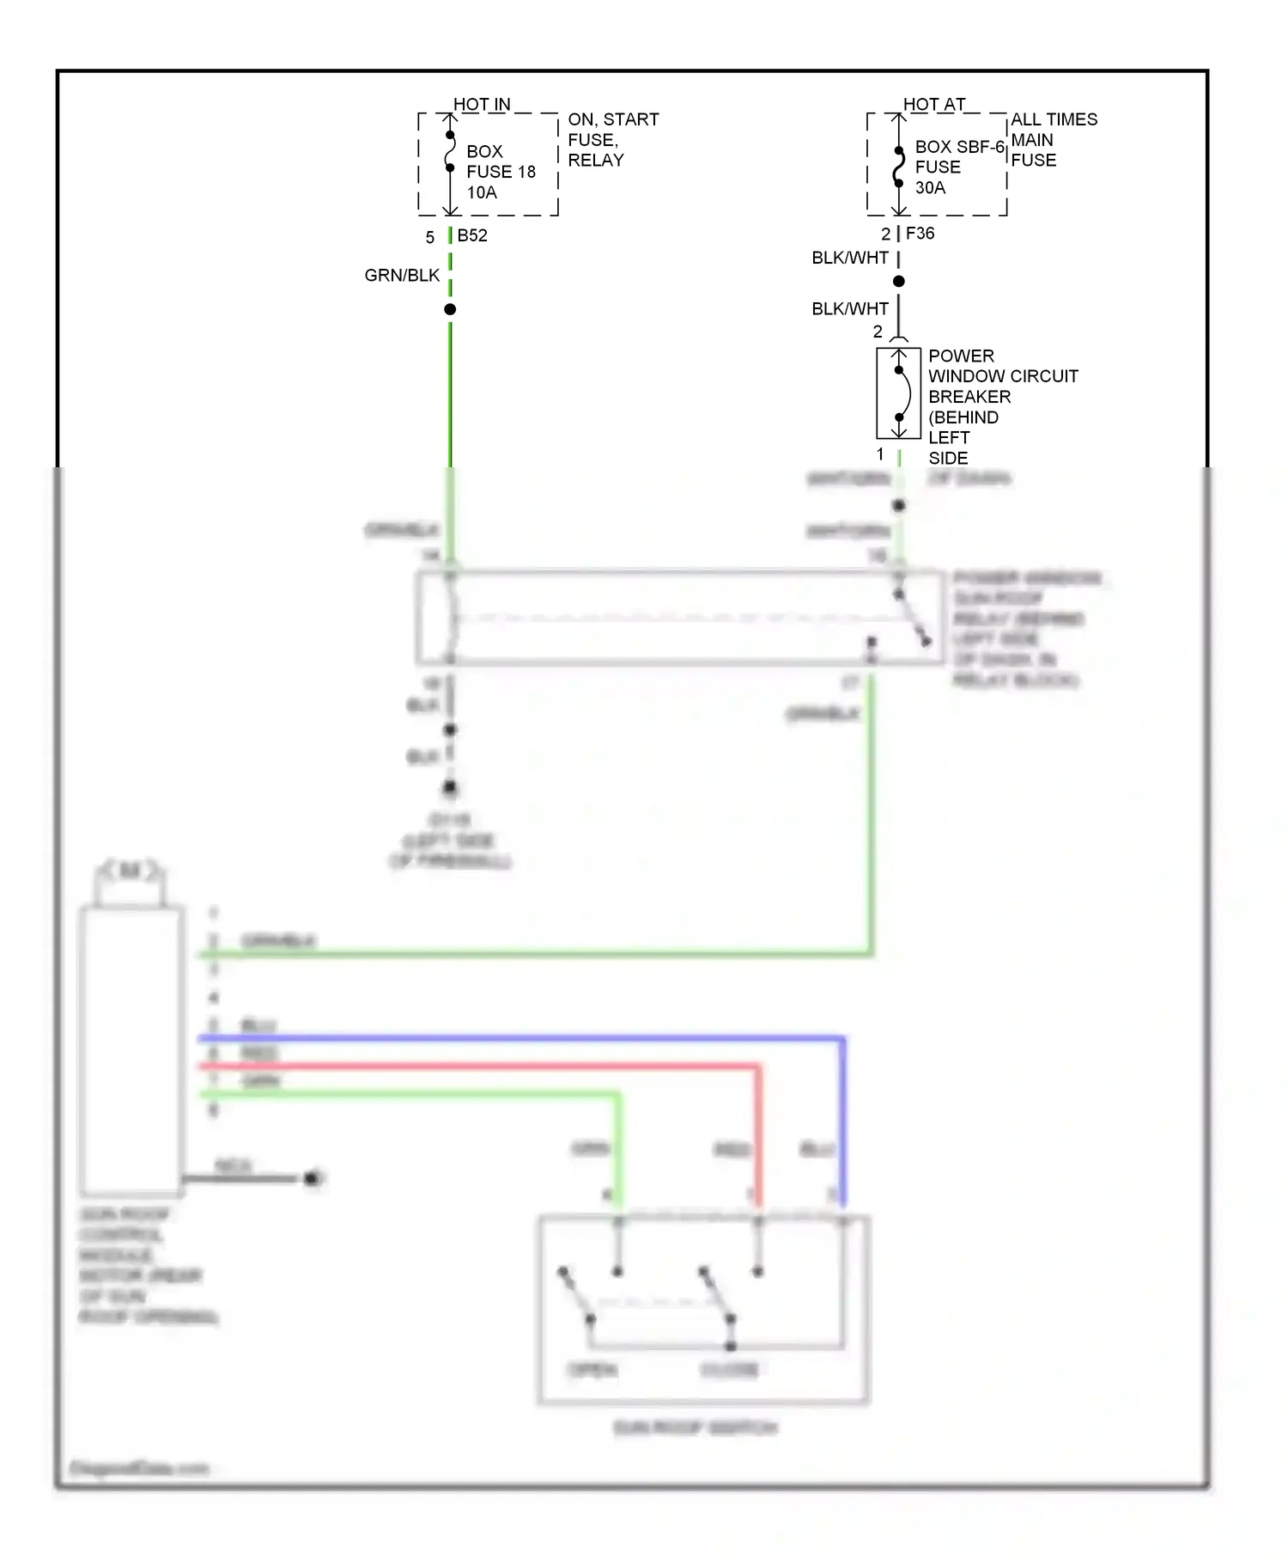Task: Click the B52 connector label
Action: [x=472, y=235]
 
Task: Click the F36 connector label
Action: [x=920, y=234]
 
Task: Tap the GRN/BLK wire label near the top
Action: [x=402, y=276]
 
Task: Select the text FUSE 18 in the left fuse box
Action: [x=501, y=172]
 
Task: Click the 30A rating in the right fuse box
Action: [x=930, y=187]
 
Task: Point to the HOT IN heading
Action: [x=482, y=105]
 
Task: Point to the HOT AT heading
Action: [x=934, y=105]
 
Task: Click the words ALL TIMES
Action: [x=1054, y=119]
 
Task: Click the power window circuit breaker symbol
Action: [x=898, y=393]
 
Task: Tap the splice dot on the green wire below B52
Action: [x=450, y=309]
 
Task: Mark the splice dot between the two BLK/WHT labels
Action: [x=898, y=281]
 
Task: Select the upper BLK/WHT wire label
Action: [x=849, y=258]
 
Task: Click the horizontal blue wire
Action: [x=515, y=1039]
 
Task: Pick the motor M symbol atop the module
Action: [x=130, y=871]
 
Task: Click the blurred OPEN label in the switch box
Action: [x=592, y=1369]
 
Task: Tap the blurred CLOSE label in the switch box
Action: [x=729, y=1369]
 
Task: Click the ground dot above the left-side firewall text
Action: [x=450, y=787]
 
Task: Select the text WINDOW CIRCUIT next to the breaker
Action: [x=1003, y=376]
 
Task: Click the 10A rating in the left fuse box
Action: [x=482, y=192]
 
